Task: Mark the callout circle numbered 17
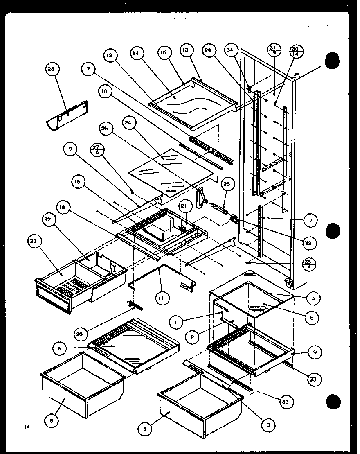click(87, 70)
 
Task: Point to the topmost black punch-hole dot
click(334, 61)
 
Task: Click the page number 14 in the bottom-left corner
click(27, 427)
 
